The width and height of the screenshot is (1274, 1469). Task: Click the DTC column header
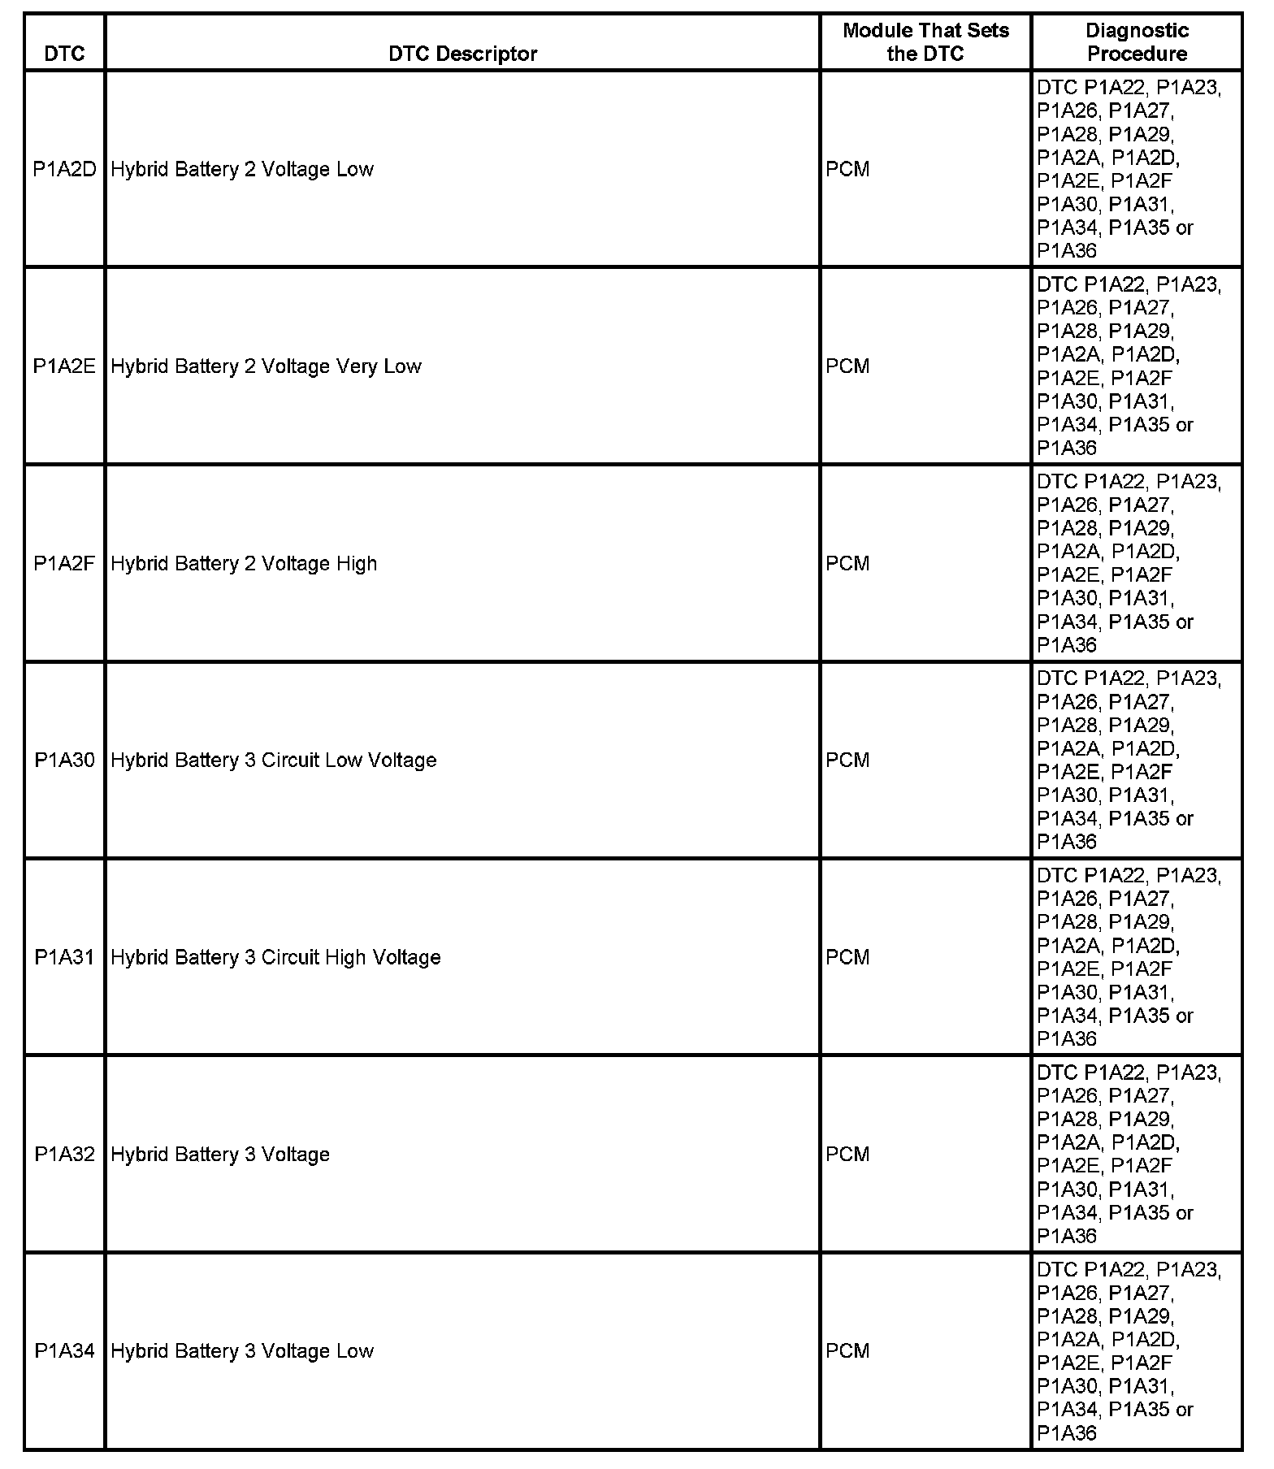pos(65,54)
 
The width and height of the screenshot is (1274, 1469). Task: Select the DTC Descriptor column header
pos(462,54)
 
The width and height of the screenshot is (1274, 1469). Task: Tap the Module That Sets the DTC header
pos(925,42)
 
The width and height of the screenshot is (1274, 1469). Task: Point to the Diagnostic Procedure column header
pos(1137,42)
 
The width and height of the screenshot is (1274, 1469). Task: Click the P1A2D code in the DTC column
pos(65,169)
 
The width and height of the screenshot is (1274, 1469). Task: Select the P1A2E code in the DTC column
pos(65,366)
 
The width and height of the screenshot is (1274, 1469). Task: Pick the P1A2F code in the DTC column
pos(65,563)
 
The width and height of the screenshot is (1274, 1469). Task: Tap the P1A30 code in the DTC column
pos(65,760)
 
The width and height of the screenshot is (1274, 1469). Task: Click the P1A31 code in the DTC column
pos(65,957)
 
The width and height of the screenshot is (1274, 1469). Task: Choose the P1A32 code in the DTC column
pos(65,1155)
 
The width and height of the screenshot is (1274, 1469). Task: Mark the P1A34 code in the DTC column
pos(65,1351)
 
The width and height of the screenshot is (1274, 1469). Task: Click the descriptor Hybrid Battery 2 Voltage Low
pos(242,169)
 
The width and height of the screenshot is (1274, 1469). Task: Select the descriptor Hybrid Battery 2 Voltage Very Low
pos(266,366)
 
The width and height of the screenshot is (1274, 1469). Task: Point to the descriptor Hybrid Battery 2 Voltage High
pos(244,563)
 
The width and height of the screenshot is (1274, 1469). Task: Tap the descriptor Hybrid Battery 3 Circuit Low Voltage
pos(274,760)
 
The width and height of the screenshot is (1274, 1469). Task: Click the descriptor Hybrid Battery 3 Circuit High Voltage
pos(275,957)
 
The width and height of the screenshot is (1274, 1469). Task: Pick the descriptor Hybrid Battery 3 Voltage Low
pos(242,1351)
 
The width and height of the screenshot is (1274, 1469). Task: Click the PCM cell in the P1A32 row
pos(847,1155)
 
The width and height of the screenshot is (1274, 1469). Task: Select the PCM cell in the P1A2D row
pos(847,169)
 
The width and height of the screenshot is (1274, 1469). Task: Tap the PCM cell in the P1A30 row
pos(847,760)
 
